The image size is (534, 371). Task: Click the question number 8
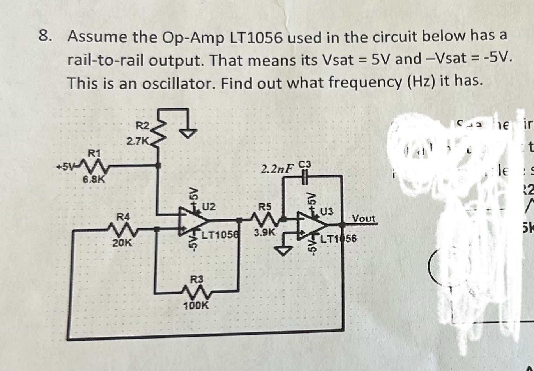click(46, 37)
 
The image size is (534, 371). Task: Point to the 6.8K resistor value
click(93, 180)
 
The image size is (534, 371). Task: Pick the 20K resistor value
click(122, 243)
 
